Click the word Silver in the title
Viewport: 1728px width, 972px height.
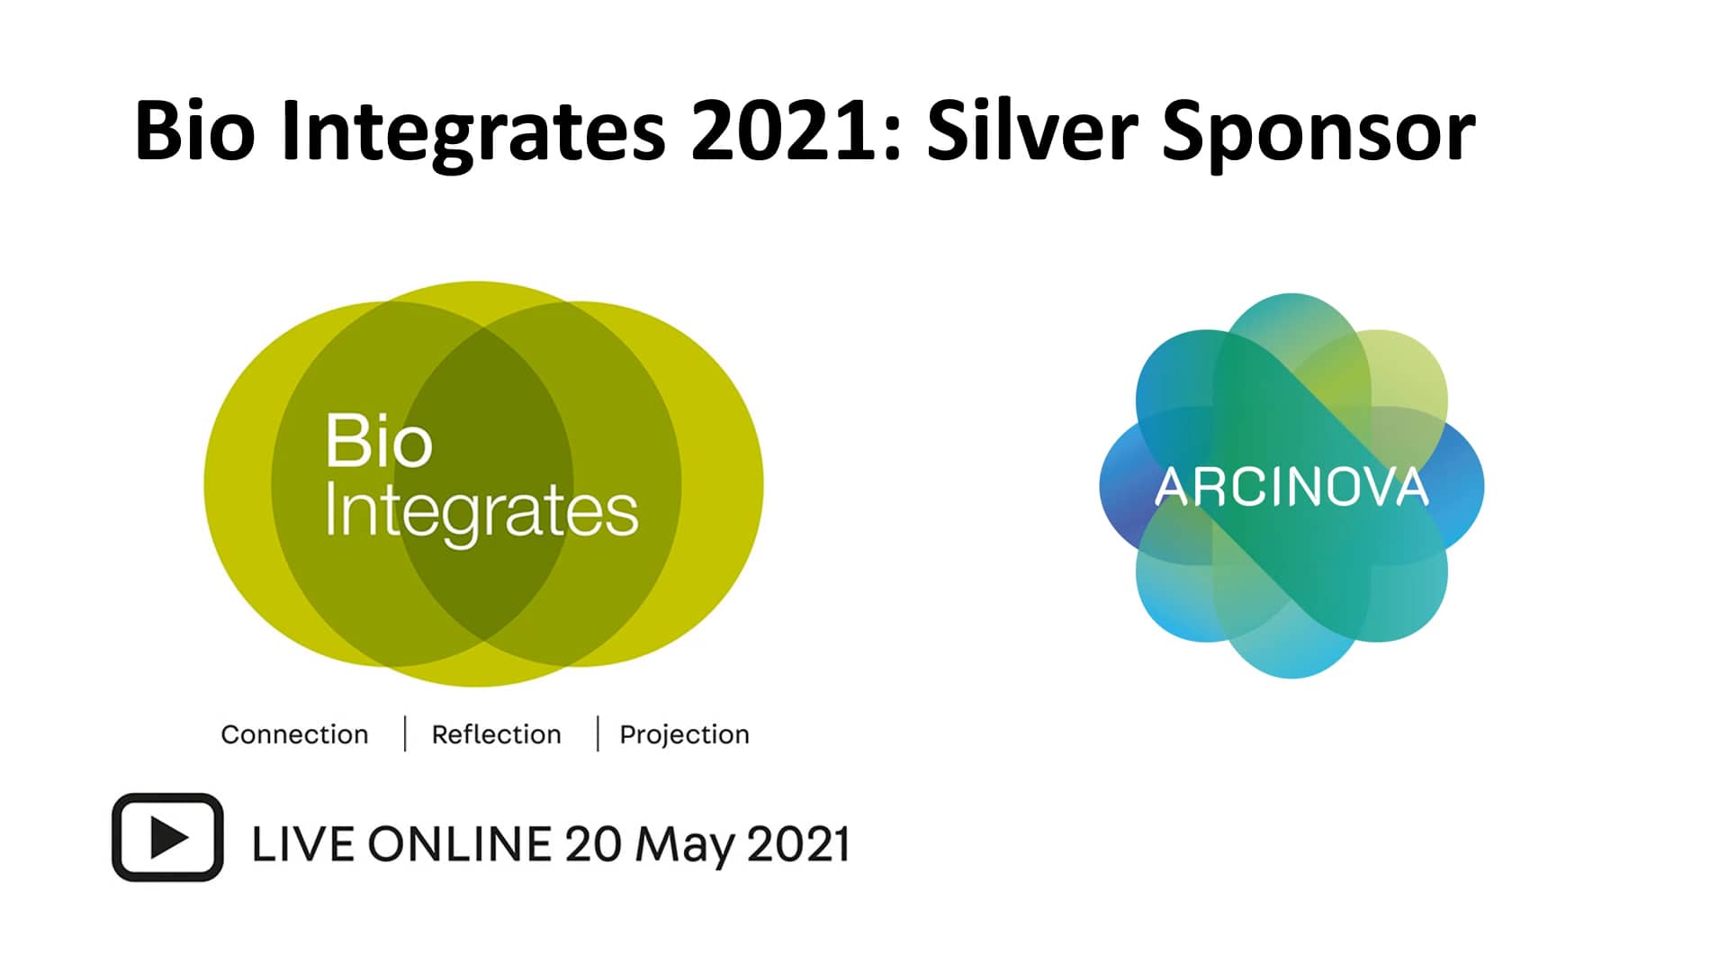[1032, 130]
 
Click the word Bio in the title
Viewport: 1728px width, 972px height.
[194, 130]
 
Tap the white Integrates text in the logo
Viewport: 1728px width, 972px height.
[481, 511]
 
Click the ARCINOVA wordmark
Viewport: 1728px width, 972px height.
[1291, 487]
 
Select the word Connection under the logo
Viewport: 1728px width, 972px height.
[294, 734]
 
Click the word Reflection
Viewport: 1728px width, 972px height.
[496, 734]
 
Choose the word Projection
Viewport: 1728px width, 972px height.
[684, 735]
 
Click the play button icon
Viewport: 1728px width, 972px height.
[167, 838]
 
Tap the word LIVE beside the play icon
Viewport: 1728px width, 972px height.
[301, 845]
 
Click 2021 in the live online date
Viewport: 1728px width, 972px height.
[798, 845]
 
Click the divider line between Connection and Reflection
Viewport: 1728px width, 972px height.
[405, 733]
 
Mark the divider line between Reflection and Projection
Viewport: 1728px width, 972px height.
[598, 733]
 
